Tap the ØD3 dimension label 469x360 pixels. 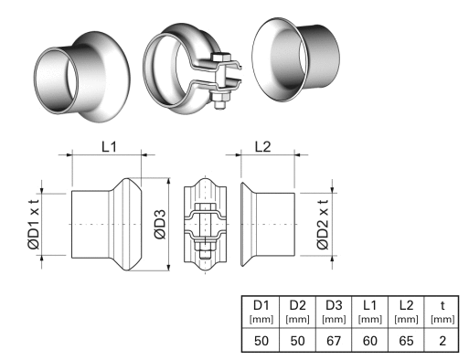pos(159,224)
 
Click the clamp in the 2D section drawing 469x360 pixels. pos(208,224)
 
